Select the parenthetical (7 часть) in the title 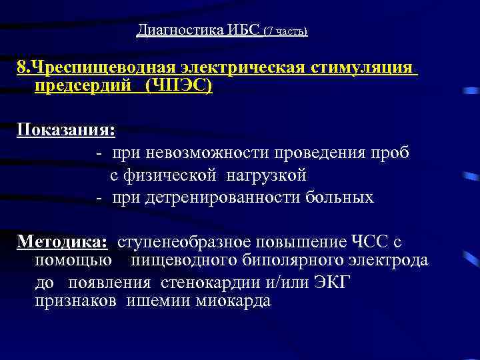[286, 31]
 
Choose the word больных [340, 197]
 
